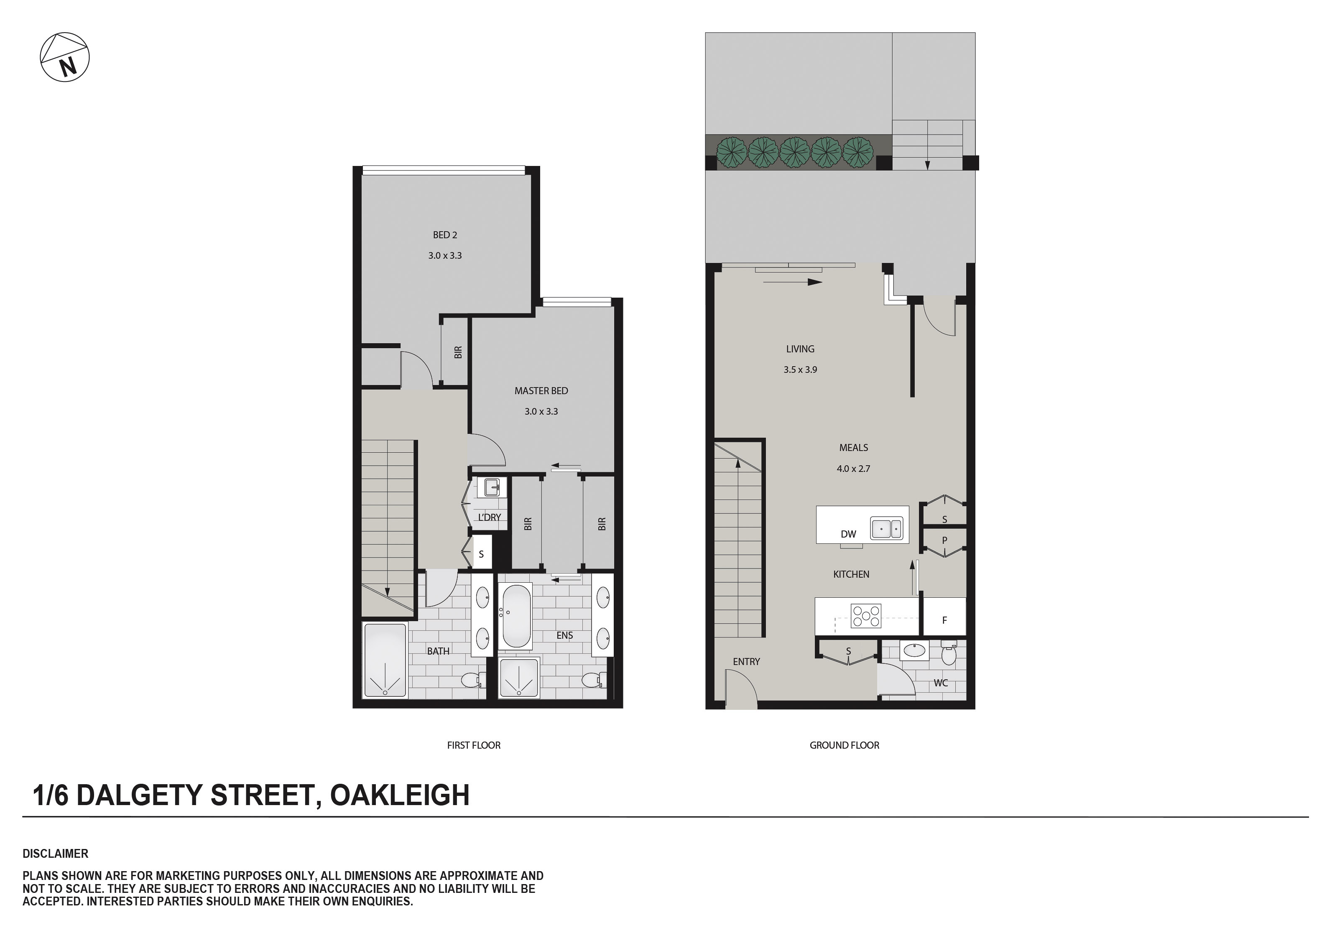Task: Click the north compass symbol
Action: pos(64,57)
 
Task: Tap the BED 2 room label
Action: pos(445,235)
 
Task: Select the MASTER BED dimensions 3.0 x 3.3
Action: pos(541,411)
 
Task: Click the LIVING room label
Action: pos(800,349)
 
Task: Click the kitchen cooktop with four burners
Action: pos(865,616)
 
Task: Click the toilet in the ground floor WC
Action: pos(949,654)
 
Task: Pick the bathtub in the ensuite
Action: pos(516,616)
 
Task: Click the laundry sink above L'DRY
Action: pos(492,487)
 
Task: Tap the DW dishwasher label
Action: pos(848,534)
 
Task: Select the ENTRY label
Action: pos(746,661)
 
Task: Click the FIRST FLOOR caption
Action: pos(473,745)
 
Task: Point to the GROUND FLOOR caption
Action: pos(844,745)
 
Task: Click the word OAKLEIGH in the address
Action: pos(399,795)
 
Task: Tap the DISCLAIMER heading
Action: pos(56,854)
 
